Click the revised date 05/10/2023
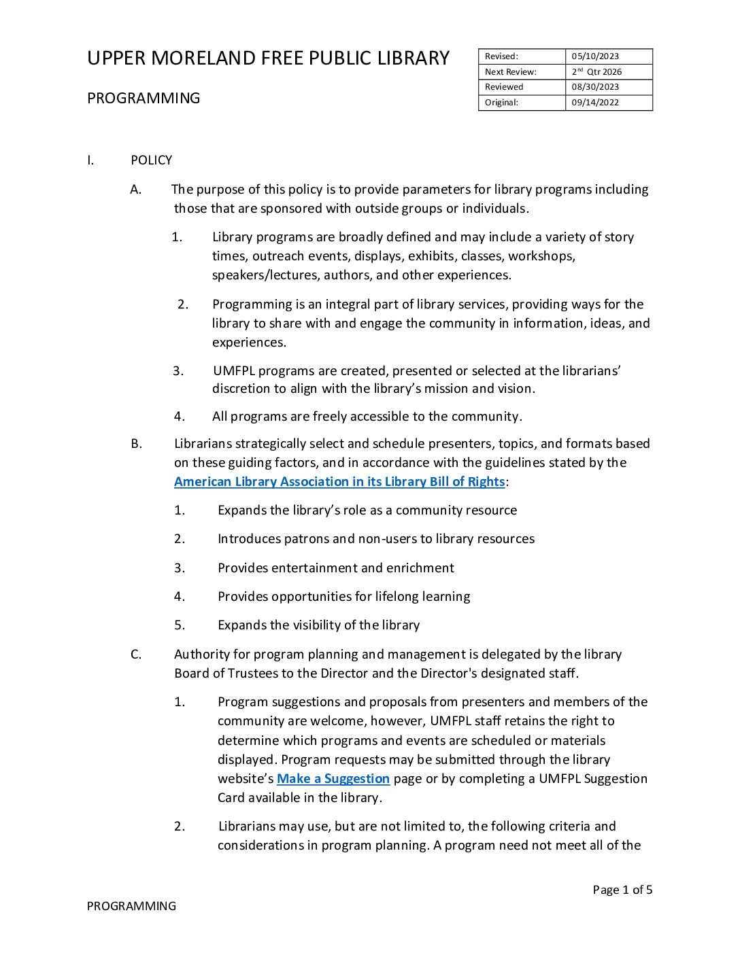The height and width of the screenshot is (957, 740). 595,56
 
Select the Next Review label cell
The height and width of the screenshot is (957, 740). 511,71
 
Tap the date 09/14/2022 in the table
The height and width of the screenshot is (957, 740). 595,103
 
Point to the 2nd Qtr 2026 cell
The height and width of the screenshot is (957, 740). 596,71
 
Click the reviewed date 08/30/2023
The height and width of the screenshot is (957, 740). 595,87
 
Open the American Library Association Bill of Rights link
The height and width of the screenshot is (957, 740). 339,482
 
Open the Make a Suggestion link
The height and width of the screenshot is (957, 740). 333,779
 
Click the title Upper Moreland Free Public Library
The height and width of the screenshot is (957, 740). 268,58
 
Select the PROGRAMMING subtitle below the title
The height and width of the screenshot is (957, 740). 144,98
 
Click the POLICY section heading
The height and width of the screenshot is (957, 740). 151,160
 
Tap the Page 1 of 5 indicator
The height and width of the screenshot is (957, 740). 622,890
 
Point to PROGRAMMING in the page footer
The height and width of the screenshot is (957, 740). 131,906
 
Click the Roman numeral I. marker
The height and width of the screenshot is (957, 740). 90,160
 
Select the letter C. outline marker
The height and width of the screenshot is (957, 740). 136,655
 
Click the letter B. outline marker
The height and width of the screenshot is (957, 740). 136,444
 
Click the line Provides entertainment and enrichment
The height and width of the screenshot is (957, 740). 336,568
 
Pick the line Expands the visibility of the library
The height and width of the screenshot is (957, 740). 318,625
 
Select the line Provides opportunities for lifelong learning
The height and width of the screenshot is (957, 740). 343,597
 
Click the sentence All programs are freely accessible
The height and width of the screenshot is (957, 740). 367,417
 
